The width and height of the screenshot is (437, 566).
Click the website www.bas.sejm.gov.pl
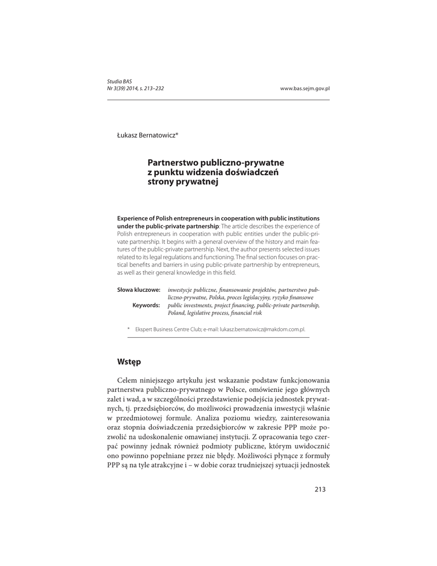pos(305,88)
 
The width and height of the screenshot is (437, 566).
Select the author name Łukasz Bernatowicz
pos(147,135)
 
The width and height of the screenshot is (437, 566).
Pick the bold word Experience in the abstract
pos(133,218)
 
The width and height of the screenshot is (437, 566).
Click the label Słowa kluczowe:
pos(139,290)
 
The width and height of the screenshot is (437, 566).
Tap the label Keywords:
pos(146,305)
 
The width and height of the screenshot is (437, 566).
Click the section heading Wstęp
pos(129,361)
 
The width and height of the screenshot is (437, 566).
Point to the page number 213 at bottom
pos(320,489)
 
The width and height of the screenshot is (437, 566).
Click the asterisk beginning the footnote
pos(129,329)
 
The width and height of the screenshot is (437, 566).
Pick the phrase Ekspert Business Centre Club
pos(167,329)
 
